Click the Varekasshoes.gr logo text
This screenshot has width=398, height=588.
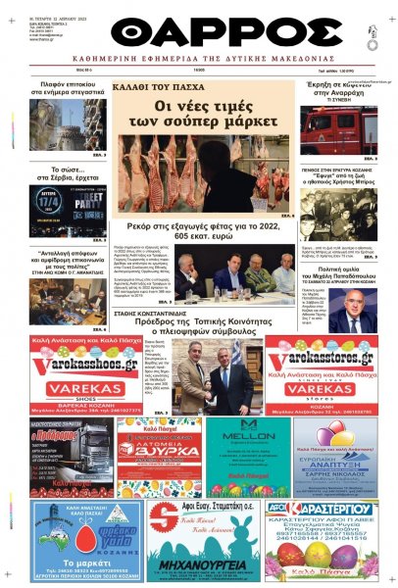click(x=76, y=357)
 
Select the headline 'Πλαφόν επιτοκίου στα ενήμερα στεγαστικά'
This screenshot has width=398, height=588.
click(x=69, y=91)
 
